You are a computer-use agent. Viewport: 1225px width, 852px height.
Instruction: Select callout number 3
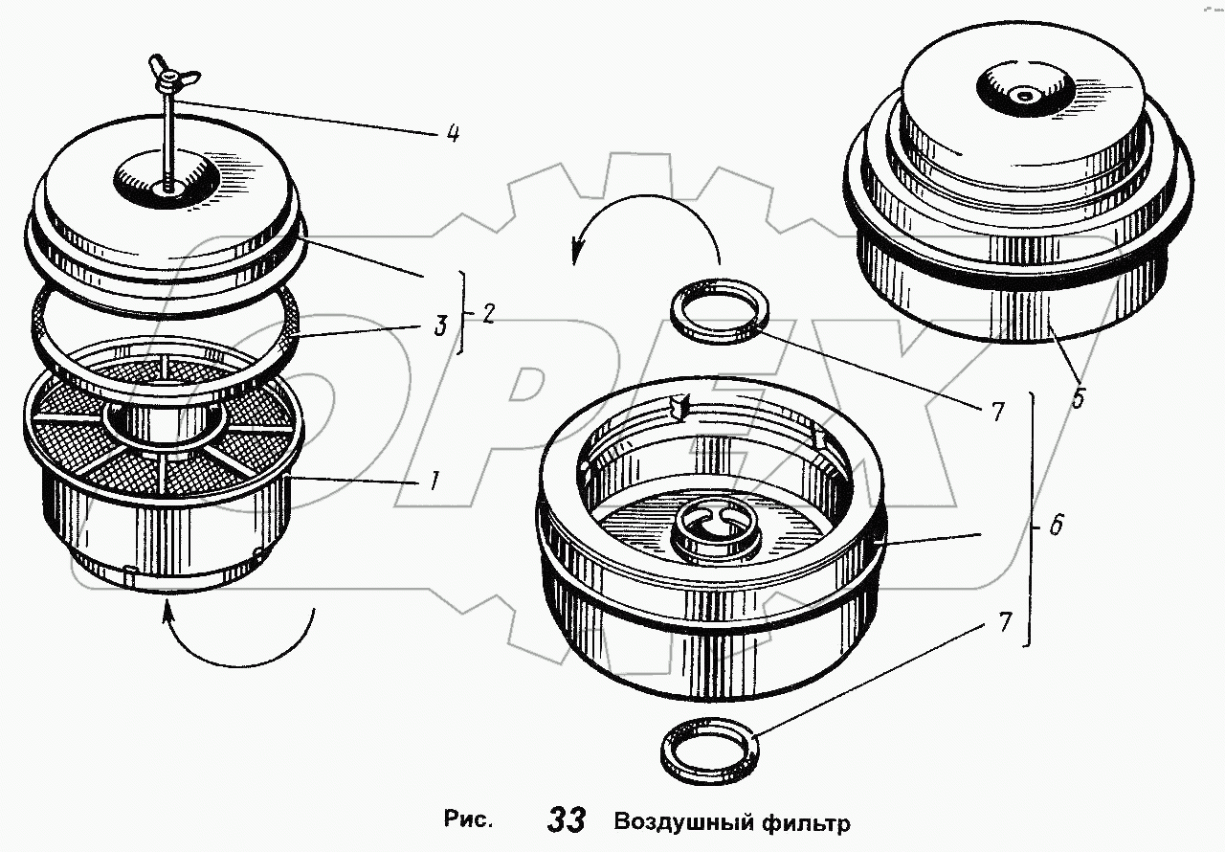(x=440, y=325)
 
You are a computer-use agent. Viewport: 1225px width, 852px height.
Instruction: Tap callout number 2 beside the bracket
(x=488, y=314)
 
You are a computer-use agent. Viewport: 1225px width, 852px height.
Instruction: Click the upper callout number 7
(x=997, y=413)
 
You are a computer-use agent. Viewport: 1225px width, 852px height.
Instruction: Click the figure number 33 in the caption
(x=567, y=820)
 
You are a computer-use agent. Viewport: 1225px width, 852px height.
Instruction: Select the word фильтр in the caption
(x=806, y=821)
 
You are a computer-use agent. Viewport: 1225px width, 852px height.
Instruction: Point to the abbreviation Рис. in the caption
(x=469, y=820)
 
